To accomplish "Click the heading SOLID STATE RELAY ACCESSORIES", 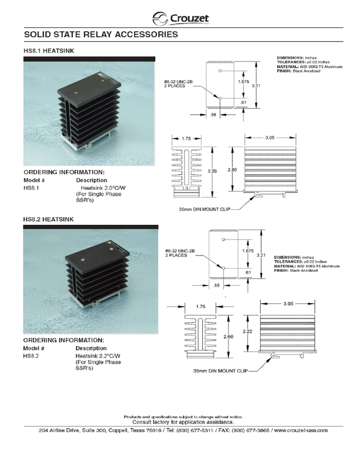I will point(101,35).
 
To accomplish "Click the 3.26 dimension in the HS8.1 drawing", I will point(213,171).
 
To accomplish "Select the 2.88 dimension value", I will point(233,171).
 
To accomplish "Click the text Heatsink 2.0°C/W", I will point(104,187).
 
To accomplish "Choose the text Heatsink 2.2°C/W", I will point(98,356).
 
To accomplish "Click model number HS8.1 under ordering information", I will point(31,187).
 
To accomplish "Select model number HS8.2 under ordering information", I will point(31,356).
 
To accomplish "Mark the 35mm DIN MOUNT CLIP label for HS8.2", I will point(215,371).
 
